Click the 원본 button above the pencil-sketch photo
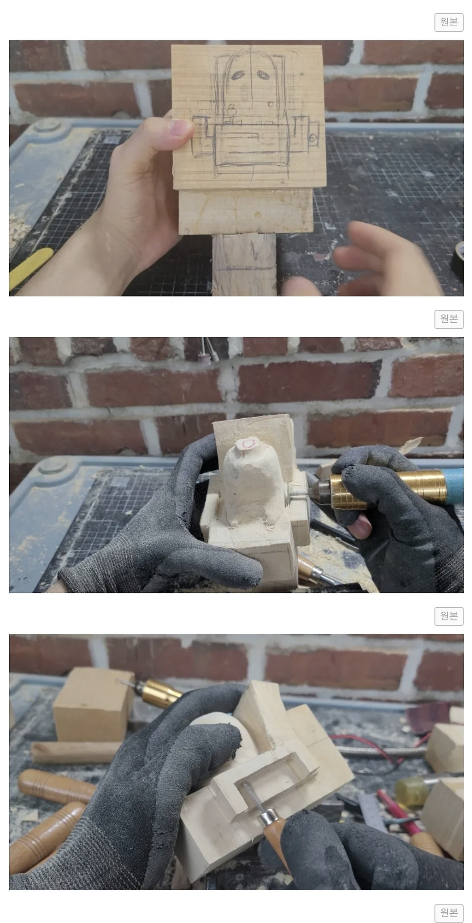[x=448, y=22]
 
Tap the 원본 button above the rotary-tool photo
[x=448, y=319]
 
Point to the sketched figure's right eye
[x=263, y=72]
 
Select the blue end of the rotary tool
[x=454, y=485]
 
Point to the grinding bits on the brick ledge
[x=209, y=351]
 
